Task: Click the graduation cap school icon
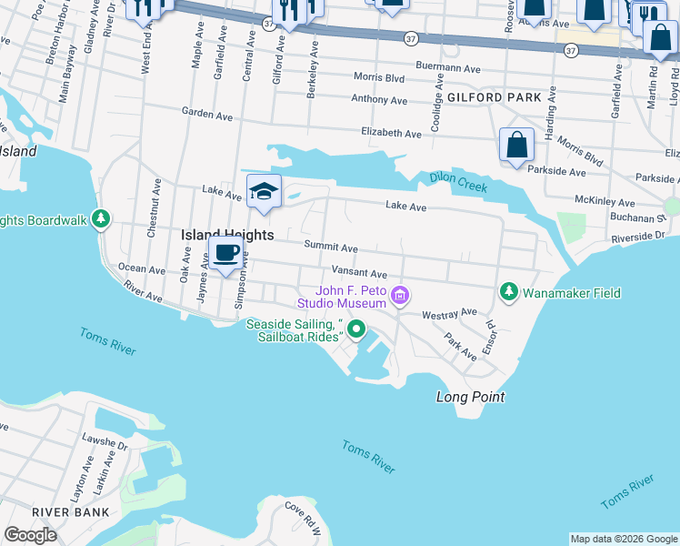[264, 192]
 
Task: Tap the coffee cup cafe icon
[225, 253]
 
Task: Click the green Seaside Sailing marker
[356, 329]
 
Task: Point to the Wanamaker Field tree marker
[509, 292]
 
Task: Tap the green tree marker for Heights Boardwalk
[102, 219]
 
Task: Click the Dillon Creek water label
[458, 182]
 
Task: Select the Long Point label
[469, 397]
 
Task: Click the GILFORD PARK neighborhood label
[494, 97]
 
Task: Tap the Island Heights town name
[227, 235]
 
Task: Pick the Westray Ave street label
[449, 314]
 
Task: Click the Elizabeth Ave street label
[391, 133]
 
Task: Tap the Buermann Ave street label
[447, 67]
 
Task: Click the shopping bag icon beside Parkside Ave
[515, 145]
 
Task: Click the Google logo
[30, 535]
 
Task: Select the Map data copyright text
[623, 539]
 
